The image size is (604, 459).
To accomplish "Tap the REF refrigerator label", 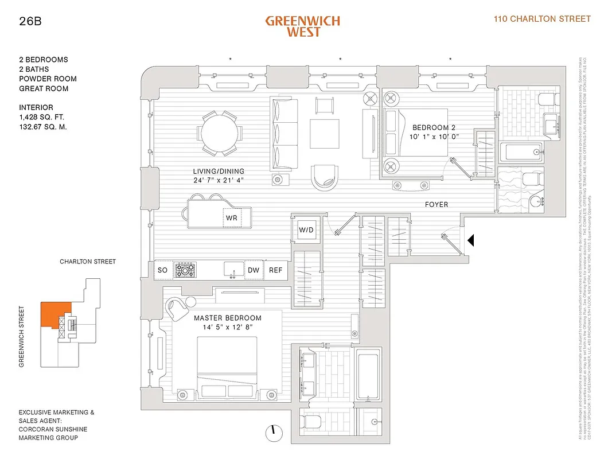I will coord(276,270).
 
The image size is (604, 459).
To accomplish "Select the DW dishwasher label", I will coord(253,270).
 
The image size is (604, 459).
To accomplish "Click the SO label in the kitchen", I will coord(162,270).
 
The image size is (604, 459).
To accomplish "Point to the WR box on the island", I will coord(232,219).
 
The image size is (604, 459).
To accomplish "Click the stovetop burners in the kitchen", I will coord(186,269).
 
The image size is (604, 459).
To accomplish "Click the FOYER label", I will coord(437,204).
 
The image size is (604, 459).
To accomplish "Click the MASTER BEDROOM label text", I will coord(227,318).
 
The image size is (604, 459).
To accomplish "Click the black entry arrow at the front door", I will coord(471,240).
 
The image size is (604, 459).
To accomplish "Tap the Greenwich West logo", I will coord(302,26).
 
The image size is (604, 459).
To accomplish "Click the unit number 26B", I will coord(30,22).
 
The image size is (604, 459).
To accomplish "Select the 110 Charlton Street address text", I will coord(542,19).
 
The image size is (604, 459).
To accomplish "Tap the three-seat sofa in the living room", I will coord(283,133).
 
